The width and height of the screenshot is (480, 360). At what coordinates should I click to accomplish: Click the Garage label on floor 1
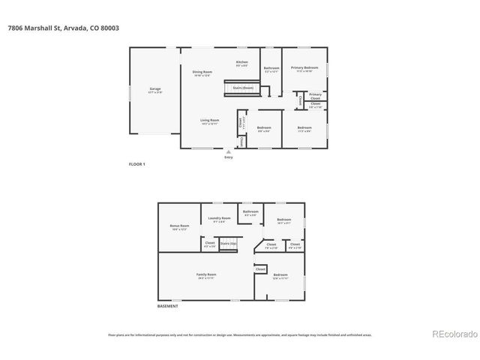pyautogui.click(x=154, y=88)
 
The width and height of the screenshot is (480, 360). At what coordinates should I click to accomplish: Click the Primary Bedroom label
pyautogui.click(x=304, y=67)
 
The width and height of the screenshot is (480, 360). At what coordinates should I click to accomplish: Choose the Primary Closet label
pyautogui.click(x=315, y=95)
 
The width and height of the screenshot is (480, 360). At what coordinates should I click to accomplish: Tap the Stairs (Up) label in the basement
pyautogui.click(x=228, y=244)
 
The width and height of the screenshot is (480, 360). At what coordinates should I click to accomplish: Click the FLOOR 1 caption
pyautogui.click(x=137, y=163)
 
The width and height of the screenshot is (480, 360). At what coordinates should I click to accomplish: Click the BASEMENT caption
pyautogui.click(x=167, y=307)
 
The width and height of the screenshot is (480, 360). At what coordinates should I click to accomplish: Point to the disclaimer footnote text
pyautogui.click(x=239, y=334)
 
